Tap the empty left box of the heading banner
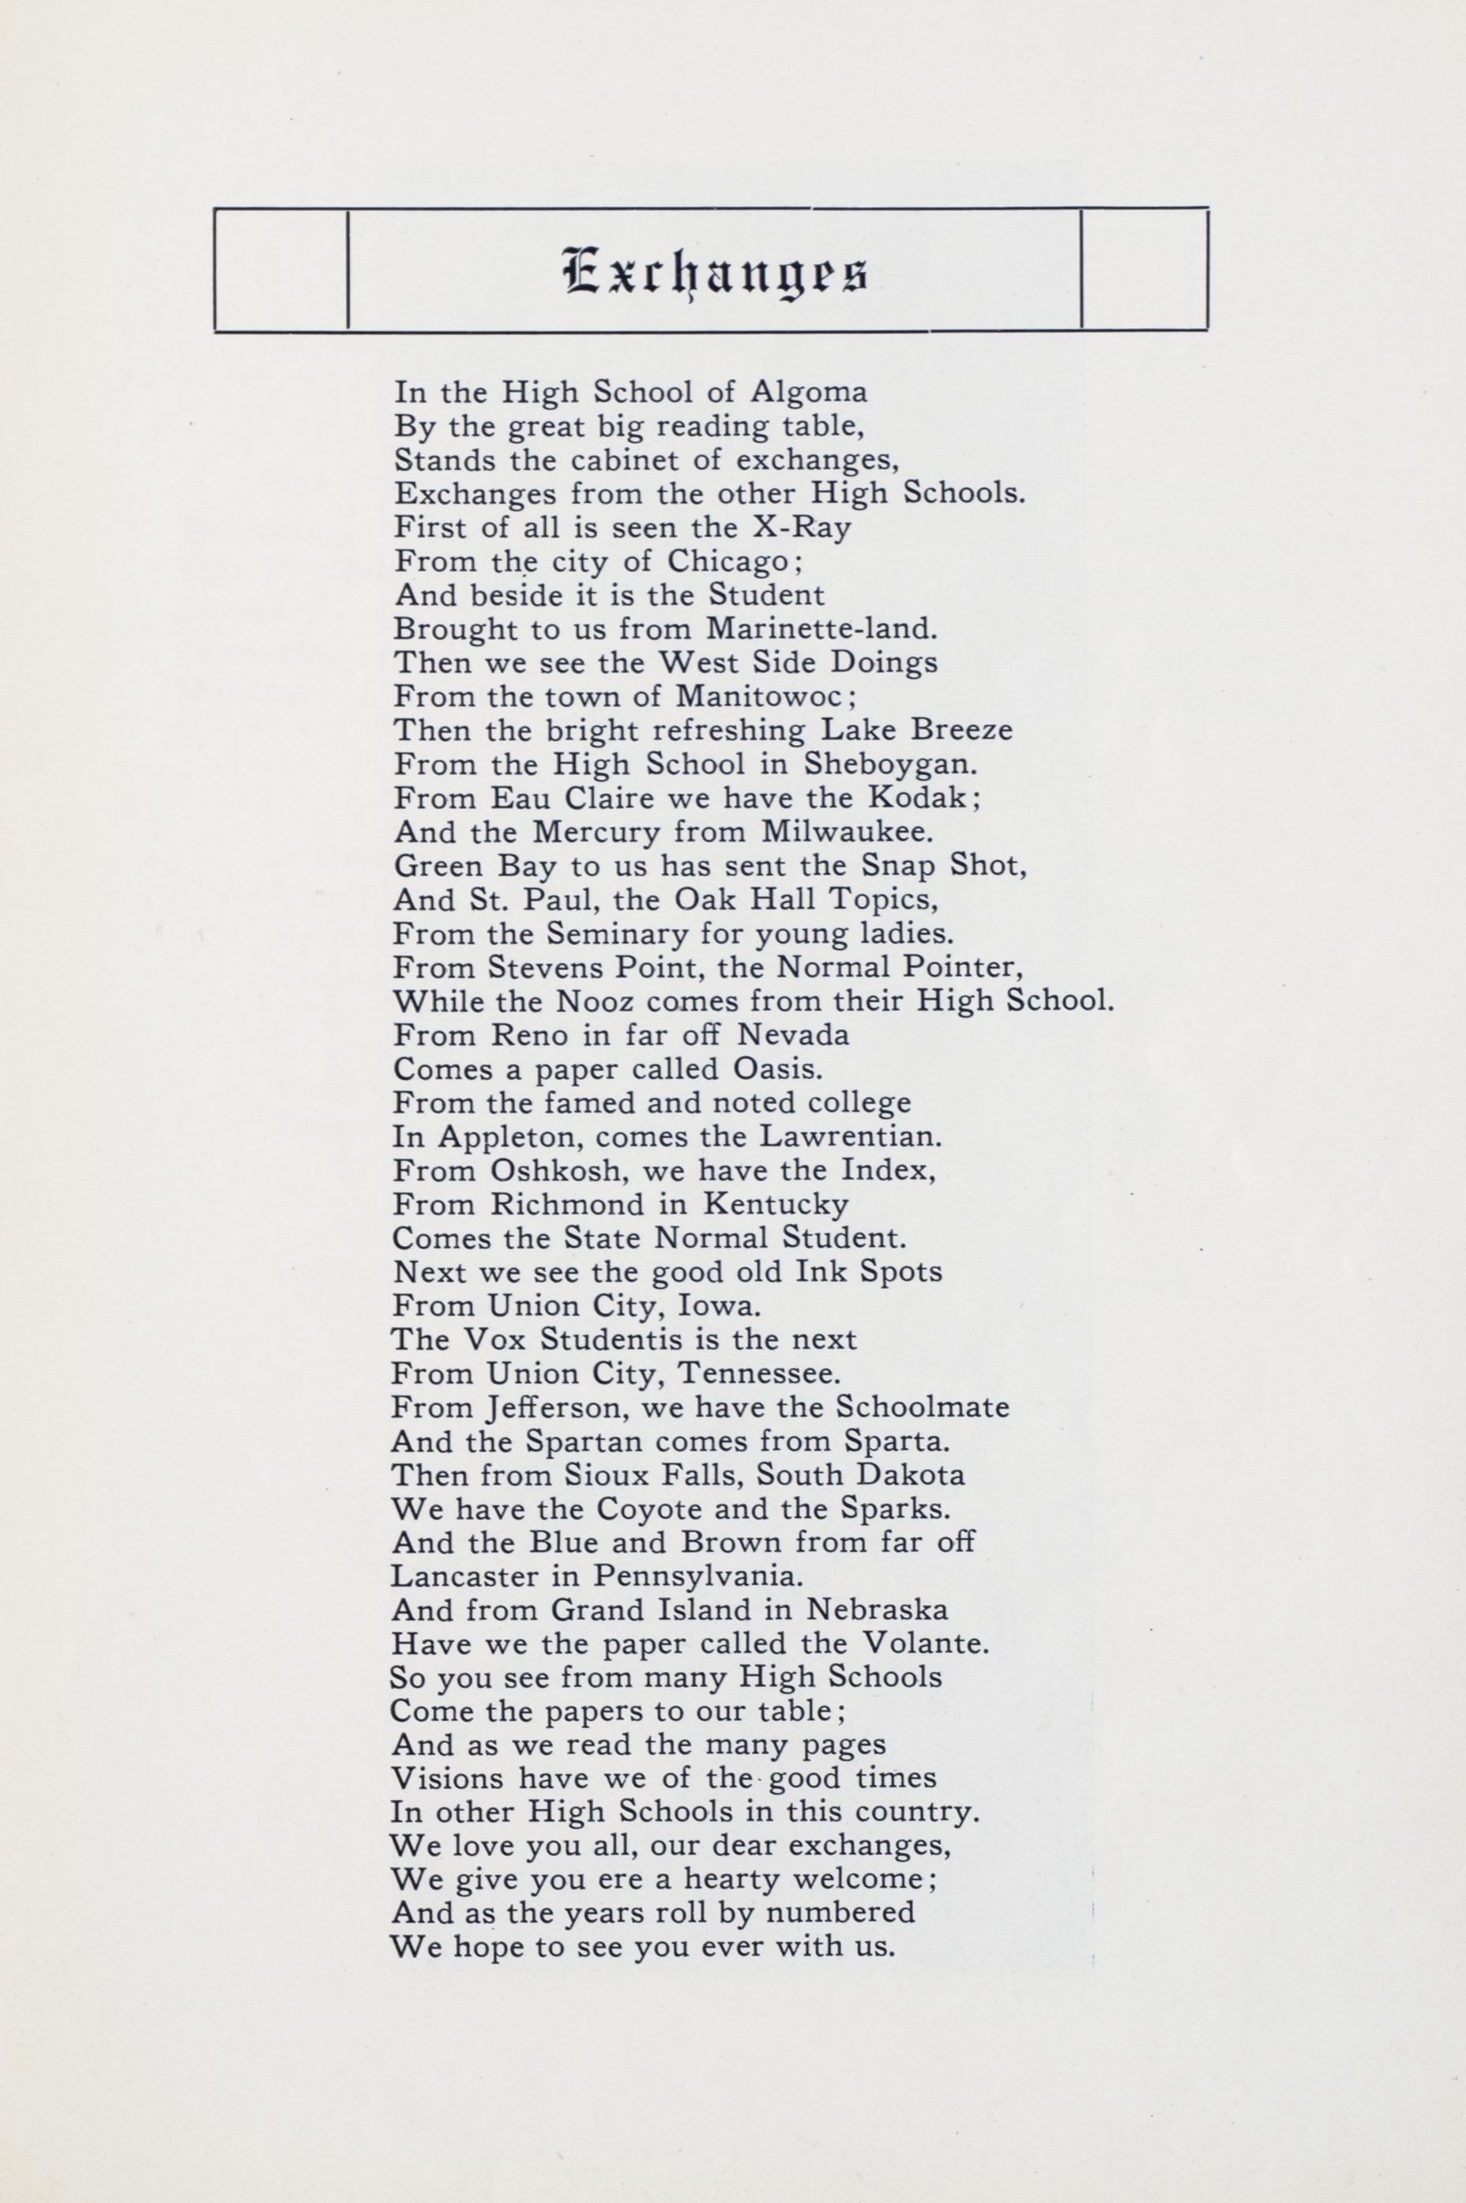click(x=280, y=269)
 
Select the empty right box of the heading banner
click(x=1144, y=269)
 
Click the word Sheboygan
click(x=890, y=764)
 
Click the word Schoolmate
click(x=922, y=1407)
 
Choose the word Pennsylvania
click(x=697, y=1576)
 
